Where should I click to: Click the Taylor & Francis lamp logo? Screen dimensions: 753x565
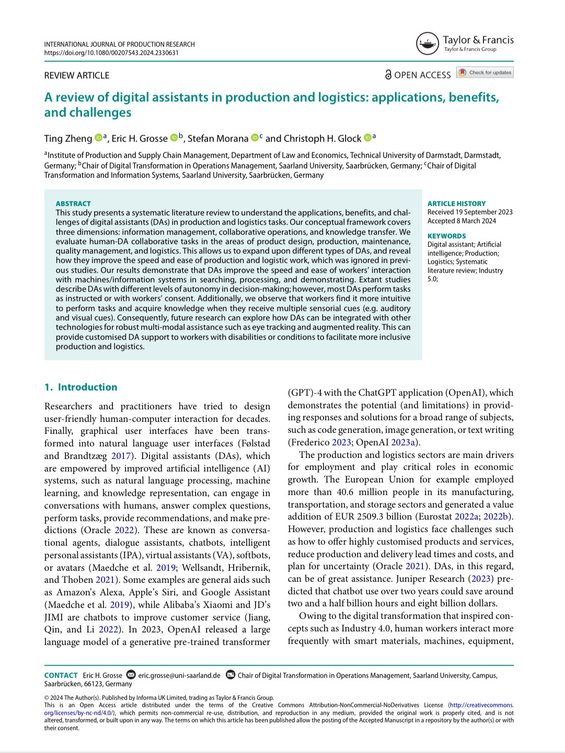tap(427, 43)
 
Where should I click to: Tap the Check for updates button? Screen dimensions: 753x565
tap(485, 73)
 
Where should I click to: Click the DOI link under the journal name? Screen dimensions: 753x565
tap(111, 53)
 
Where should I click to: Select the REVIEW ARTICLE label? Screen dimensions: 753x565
tap(77, 75)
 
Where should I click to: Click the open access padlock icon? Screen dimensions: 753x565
tap(388, 75)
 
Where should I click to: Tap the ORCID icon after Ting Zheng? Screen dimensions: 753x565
tap(98, 138)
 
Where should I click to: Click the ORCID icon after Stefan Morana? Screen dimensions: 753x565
tap(255, 138)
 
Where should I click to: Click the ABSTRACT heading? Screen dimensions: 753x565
tap(73, 203)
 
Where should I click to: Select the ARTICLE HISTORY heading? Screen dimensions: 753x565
tap(456, 203)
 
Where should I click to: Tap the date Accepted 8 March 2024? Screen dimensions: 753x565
tap(462, 221)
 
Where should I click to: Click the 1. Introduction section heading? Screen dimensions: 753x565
tap(81, 387)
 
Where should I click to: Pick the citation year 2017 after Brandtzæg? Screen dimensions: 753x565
tap(121, 456)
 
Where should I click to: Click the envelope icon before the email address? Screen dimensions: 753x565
tap(131, 675)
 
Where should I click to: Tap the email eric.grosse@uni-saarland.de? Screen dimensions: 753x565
tap(179, 675)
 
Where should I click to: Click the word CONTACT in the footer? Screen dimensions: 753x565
tap(61, 675)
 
